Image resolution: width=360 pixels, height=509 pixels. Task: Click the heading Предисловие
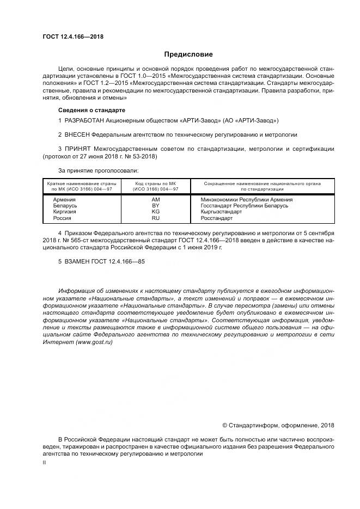(x=188, y=54)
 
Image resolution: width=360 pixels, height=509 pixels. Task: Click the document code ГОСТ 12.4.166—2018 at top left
(x=73, y=37)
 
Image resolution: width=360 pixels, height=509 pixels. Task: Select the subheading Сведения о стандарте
(x=88, y=110)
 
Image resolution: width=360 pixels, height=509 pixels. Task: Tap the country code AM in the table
(x=155, y=199)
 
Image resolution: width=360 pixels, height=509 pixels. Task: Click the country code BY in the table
(x=155, y=206)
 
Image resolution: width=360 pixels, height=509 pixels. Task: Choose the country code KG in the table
(x=155, y=212)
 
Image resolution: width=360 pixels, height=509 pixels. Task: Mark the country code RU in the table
(x=155, y=218)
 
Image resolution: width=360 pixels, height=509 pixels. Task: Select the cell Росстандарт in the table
(x=217, y=218)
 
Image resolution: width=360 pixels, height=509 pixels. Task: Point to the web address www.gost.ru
(x=94, y=341)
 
